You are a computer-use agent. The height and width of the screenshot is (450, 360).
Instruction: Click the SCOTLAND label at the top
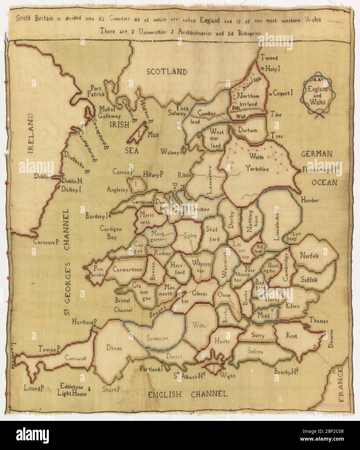[x=167, y=72]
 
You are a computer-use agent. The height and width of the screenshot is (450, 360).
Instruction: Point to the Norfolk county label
[x=309, y=255]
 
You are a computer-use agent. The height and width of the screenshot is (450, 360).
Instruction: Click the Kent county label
[x=291, y=336]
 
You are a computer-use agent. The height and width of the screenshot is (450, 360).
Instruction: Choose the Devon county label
[x=113, y=348]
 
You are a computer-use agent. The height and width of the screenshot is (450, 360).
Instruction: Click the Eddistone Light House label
[x=73, y=390]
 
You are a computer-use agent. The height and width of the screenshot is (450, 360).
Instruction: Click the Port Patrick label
[x=97, y=91]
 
